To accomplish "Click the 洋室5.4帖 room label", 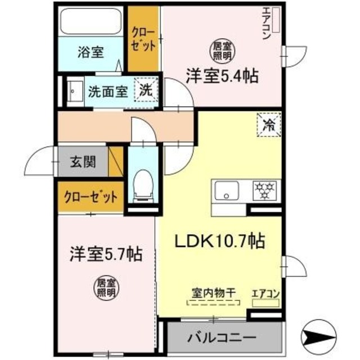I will [x=222, y=75].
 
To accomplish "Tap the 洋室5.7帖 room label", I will [x=105, y=254].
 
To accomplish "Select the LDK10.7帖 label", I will [x=222, y=242].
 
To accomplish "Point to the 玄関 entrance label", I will [x=82, y=163].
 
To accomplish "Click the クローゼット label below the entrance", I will [x=90, y=197].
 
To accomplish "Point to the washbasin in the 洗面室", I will [x=74, y=89].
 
